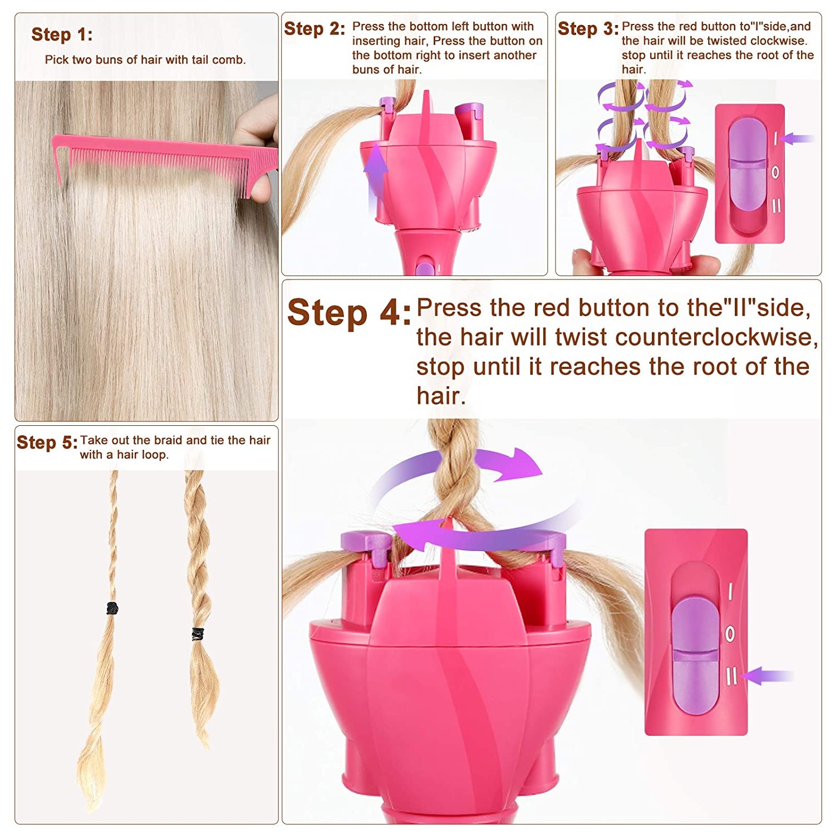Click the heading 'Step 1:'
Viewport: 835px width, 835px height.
coord(62,35)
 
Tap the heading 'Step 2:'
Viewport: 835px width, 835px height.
coord(315,28)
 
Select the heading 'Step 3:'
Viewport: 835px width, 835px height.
coord(588,28)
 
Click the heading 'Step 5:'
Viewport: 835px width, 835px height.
coord(47,443)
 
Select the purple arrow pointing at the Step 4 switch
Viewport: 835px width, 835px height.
coord(768,676)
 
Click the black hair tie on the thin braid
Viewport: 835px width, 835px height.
coord(112,608)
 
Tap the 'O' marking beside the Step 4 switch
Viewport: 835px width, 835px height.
coord(730,633)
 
